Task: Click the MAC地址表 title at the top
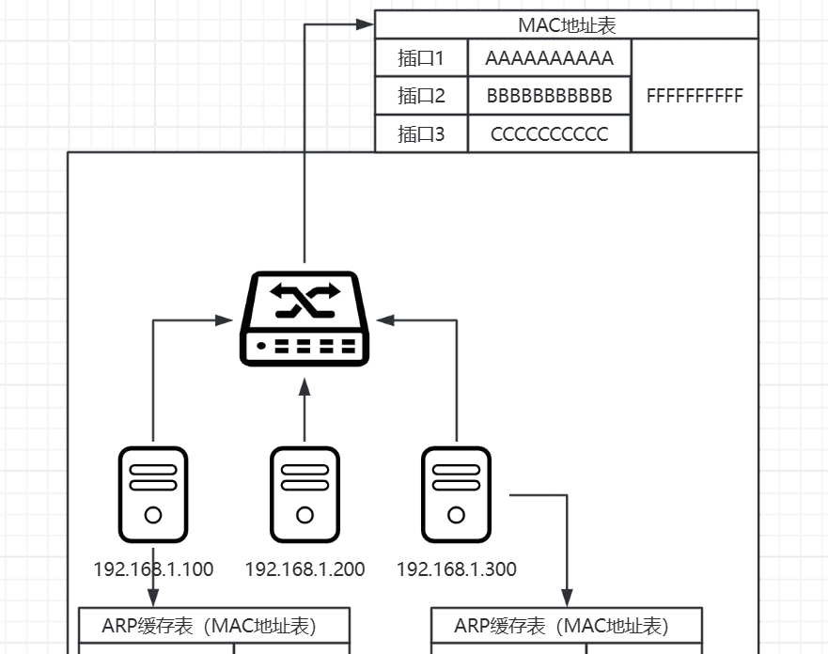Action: (567, 25)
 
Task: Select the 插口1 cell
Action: (421, 59)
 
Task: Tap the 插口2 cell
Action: (421, 96)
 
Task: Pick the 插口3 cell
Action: (421, 134)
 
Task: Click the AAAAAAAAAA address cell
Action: (549, 59)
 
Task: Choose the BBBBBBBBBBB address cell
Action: (549, 96)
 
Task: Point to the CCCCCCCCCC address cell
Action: (549, 134)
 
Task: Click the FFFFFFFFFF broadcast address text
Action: (695, 96)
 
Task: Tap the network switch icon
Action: (305, 319)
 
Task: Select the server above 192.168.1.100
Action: (153, 494)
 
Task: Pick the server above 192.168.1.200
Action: (305, 494)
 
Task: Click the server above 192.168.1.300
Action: (456, 494)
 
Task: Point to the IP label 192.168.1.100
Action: (153, 569)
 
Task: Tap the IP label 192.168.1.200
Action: (305, 569)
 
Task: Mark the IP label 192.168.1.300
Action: (456, 569)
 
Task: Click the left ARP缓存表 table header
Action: (213, 626)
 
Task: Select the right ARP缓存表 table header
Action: (567, 626)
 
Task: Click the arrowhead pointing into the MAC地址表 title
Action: (366, 25)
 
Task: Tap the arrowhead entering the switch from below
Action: (305, 384)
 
